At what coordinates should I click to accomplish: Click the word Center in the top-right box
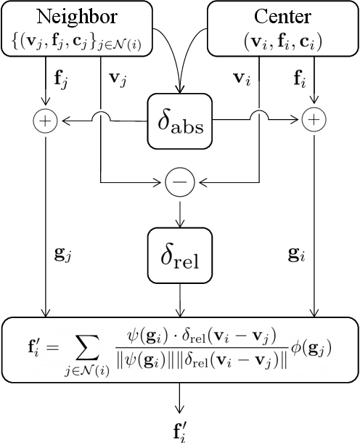[282, 16]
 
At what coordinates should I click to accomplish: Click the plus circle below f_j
[46, 122]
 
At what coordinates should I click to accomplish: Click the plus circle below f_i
[314, 122]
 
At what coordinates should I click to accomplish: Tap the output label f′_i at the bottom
[179, 428]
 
